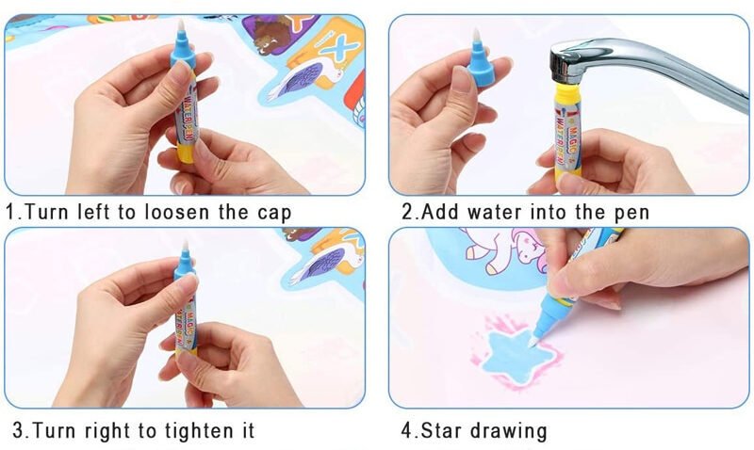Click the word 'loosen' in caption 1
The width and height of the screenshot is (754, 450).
pos(176,212)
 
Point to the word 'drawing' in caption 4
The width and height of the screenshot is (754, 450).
pos(509,431)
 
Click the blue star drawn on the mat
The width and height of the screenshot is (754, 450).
pos(515,353)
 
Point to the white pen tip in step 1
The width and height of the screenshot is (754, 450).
pos(181,25)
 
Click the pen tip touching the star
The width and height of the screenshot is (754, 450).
pos(533,341)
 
